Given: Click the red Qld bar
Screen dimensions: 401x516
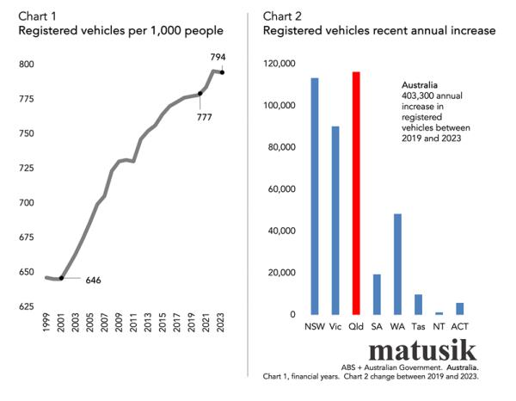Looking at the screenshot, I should (x=356, y=193).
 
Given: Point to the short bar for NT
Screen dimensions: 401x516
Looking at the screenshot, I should (x=439, y=312).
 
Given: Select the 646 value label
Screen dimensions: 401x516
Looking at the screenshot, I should (x=94, y=281).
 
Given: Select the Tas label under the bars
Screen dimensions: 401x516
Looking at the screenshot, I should (x=418, y=328).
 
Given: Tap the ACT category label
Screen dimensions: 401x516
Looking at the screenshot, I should (x=460, y=328).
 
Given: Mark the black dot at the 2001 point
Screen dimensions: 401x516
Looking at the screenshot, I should (x=61, y=278).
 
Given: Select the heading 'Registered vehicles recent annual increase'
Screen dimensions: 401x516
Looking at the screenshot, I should (x=378, y=31).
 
